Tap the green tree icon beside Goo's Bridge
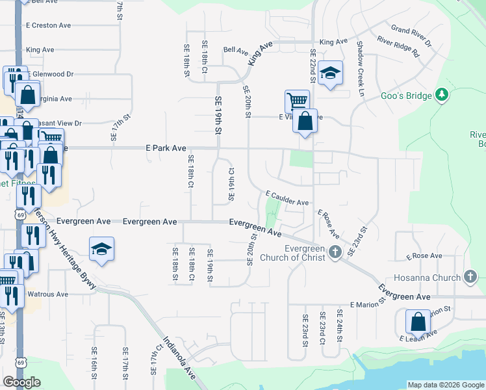pos(442,95)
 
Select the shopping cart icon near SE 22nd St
pos(296,101)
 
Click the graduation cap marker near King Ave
pos(330,73)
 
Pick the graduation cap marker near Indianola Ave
pos(101,249)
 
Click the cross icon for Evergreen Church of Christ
pos(335,252)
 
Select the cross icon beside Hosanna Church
pos(472,278)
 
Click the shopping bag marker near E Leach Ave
pos(418,322)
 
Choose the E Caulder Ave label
pos(287,198)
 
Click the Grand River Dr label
pos(411,37)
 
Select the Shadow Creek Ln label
pos(359,66)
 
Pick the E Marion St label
pos(368,303)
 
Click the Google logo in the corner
pos(21,382)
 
